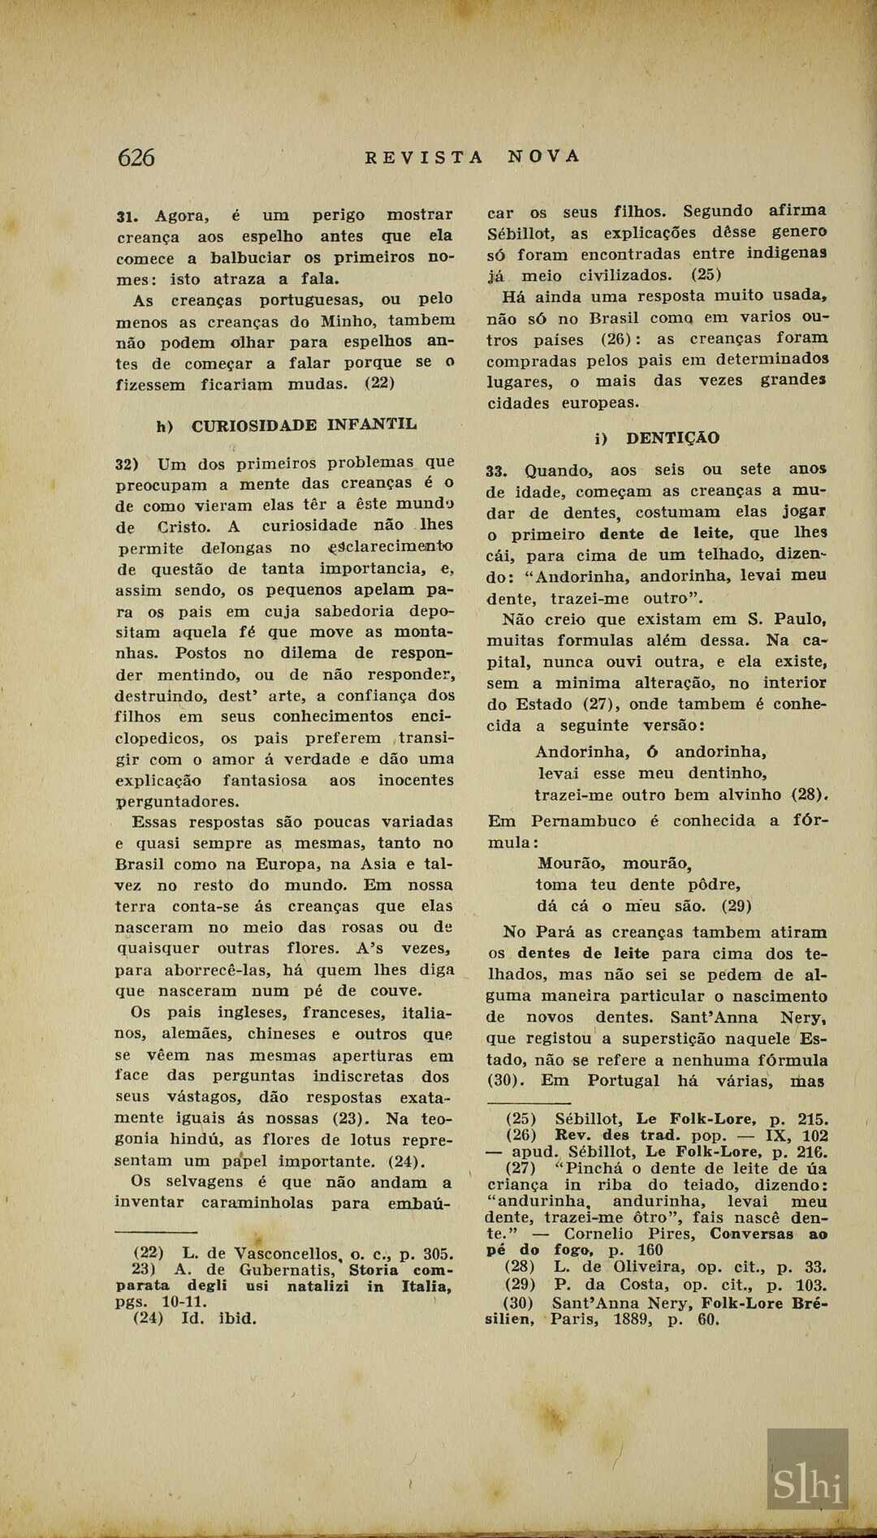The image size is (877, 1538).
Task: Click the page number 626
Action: point(136,157)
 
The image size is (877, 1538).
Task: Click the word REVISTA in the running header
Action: point(424,157)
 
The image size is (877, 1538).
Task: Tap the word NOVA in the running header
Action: point(545,156)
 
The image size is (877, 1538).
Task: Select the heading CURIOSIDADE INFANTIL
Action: point(305,424)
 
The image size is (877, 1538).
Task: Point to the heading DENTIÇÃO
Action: point(672,438)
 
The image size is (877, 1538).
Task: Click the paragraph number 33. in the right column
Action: point(496,471)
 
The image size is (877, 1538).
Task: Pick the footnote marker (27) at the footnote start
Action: point(521,1169)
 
